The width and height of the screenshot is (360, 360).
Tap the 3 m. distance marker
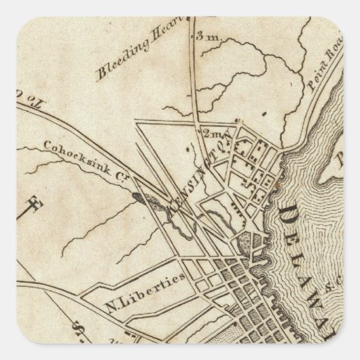[204, 37]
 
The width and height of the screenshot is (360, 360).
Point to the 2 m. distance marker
[207, 133]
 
